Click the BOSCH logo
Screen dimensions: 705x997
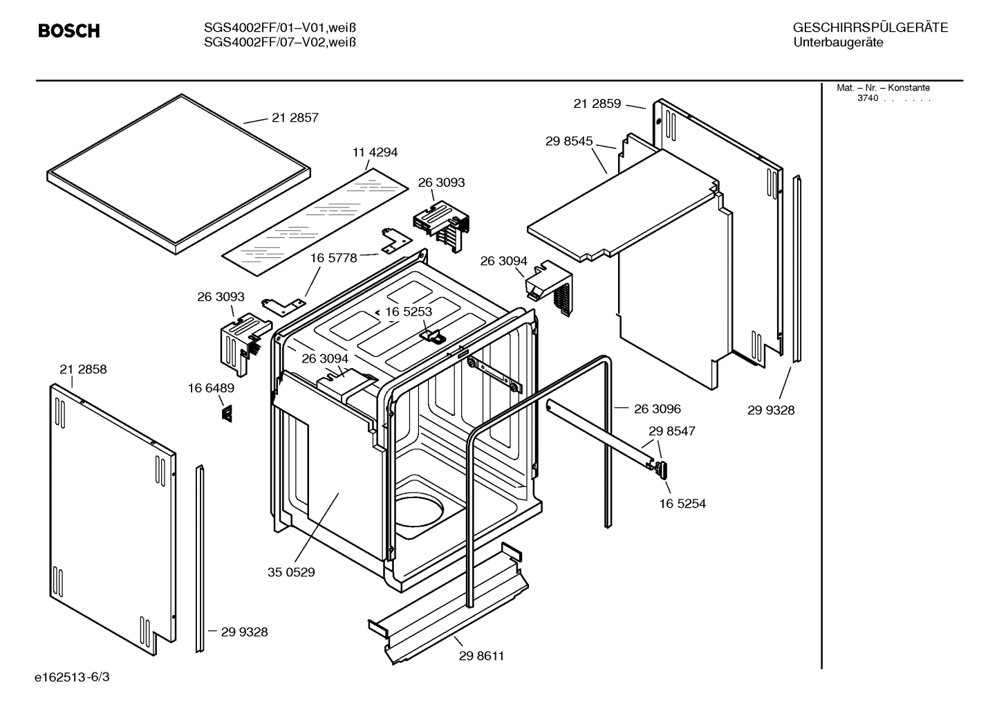click(68, 30)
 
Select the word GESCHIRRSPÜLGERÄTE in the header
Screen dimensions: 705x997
click(870, 28)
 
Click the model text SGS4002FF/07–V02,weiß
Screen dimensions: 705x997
click(280, 42)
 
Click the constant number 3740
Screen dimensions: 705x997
click(867, 98)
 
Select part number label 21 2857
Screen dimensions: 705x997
click(295, 118)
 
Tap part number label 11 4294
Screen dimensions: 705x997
click(375, 152)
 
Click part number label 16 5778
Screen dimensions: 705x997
click(333, 257)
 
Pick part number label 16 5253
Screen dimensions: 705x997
click(408, 311)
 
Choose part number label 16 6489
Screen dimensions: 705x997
click(211, 388)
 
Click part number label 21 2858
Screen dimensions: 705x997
click(83, 369)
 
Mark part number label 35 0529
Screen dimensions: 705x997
click(291, 572)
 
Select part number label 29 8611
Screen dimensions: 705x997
click(481, 656)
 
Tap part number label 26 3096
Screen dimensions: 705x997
click(657, 409)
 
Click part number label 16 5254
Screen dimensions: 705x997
click(682, 504)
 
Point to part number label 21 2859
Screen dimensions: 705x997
click(597, 104)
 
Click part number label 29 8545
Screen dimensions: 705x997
click(569, 141)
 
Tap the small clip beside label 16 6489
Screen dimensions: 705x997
click(226, 413)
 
